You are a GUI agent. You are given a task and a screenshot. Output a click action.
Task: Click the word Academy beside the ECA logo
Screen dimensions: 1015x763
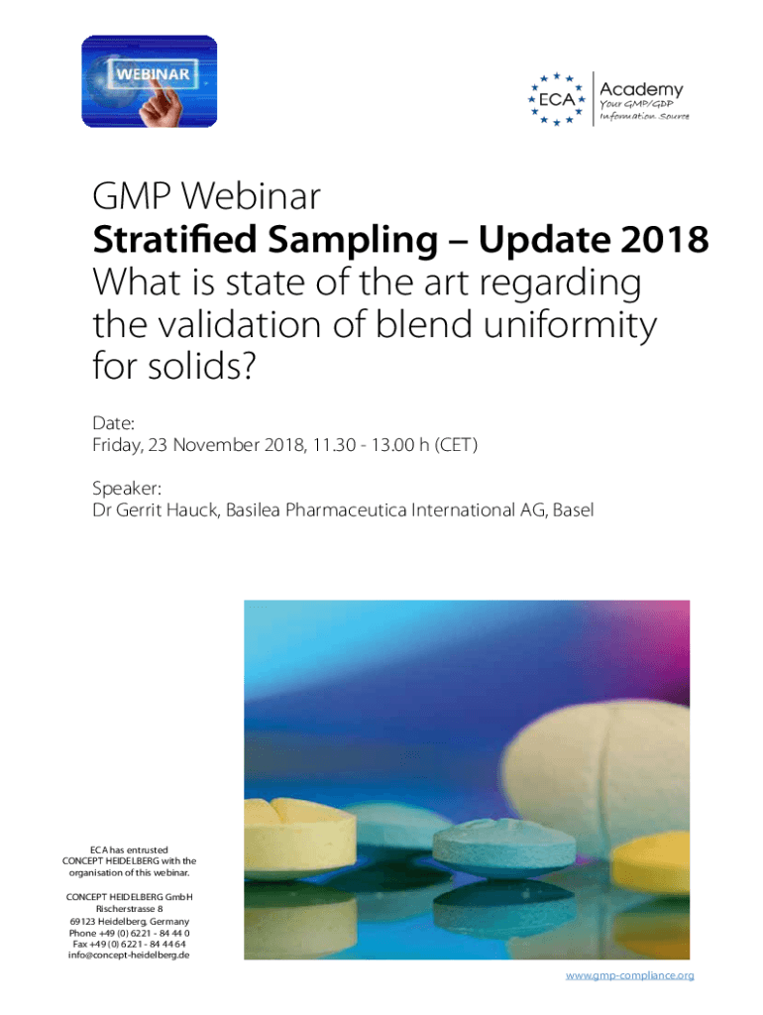(640, 89)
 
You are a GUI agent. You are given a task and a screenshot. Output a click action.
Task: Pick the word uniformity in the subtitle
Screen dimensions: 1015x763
(572, 326)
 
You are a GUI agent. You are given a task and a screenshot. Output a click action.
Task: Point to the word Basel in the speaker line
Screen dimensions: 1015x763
(574, 510)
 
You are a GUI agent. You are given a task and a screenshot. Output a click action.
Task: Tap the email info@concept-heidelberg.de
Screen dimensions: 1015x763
(129, 956)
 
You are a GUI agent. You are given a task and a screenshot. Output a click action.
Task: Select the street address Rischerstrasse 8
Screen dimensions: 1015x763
(129, 908)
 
